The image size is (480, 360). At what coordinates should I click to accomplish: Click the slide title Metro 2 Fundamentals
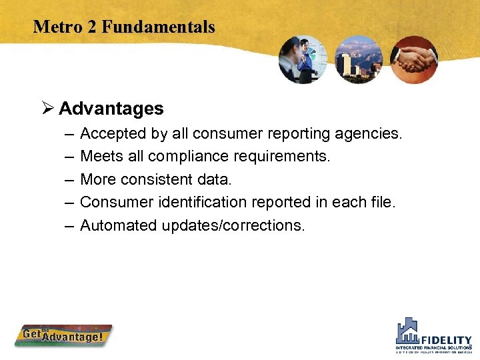tap(124, 27)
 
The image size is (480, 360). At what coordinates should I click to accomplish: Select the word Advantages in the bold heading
tap(111, 109)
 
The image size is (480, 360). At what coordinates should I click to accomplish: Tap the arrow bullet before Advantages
tap(47, 109)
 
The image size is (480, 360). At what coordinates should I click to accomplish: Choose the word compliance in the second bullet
tap(193, 157)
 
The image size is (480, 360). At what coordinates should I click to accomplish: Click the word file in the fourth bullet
tap(383, 202)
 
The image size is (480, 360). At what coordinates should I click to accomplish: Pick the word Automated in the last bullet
tap(118, 225)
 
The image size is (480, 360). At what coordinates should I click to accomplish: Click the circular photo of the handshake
tap(413, 59)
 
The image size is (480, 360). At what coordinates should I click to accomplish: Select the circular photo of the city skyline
tap(358, 59)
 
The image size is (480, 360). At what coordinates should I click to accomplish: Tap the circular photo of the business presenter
tap(303, 59)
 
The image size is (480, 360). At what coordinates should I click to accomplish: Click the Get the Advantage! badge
tap(64, 335)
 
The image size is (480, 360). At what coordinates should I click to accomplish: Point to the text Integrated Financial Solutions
tap(433, 347)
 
